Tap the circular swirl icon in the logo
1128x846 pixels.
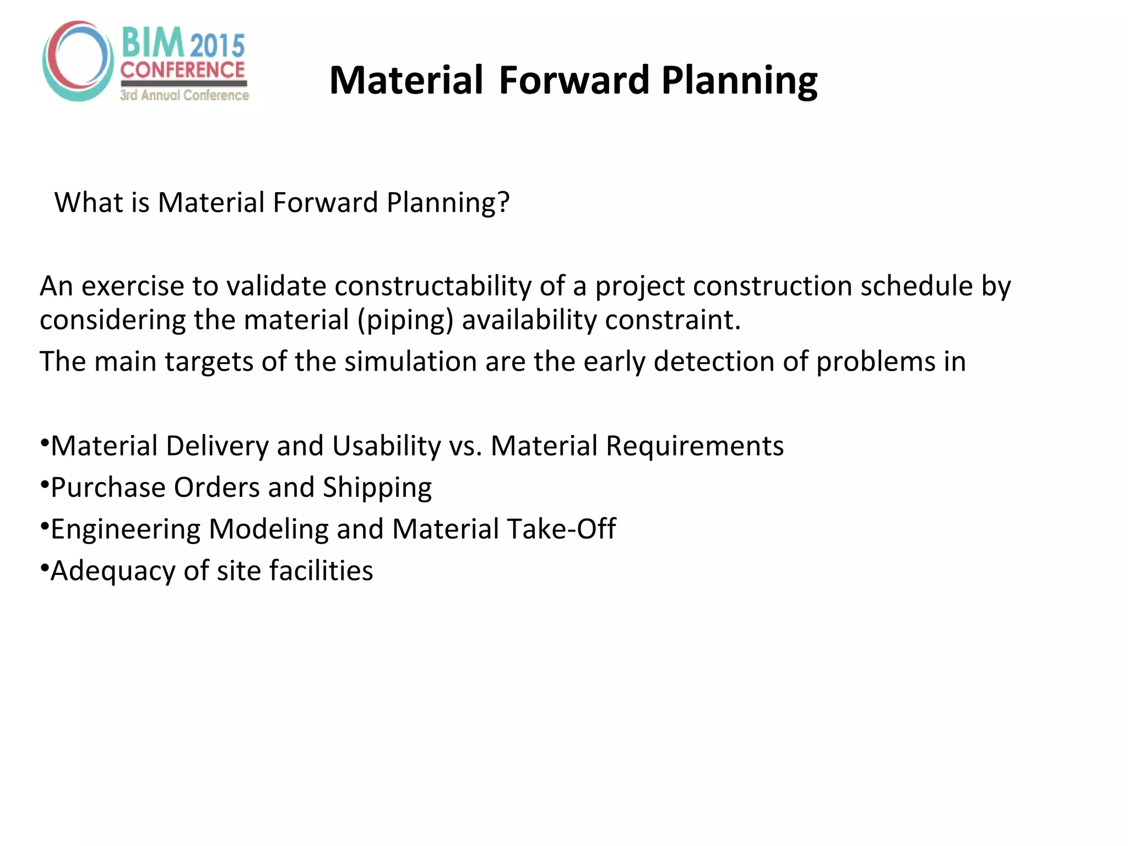pyautogui.click(x=78, y=61)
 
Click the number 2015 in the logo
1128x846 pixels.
pyautogui.click(x=218, y=46)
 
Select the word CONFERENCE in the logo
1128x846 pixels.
pyautogui.click(x=182, y=70)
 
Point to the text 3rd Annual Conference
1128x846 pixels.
pyautogui.click(x=185, y=95)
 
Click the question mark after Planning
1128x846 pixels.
pyautogui.click(x=503, y=202)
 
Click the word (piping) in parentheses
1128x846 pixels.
pyautogui.click(x=405, y=320)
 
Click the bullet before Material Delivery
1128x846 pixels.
pyautogui.click(x=44, y=442)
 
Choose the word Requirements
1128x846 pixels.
pyautogui.click(x=695, y=446)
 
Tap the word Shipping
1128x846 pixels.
pyautogui.click(x=377, y=488)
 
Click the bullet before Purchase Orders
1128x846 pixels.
pyautogui.click(x=44, y=484)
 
